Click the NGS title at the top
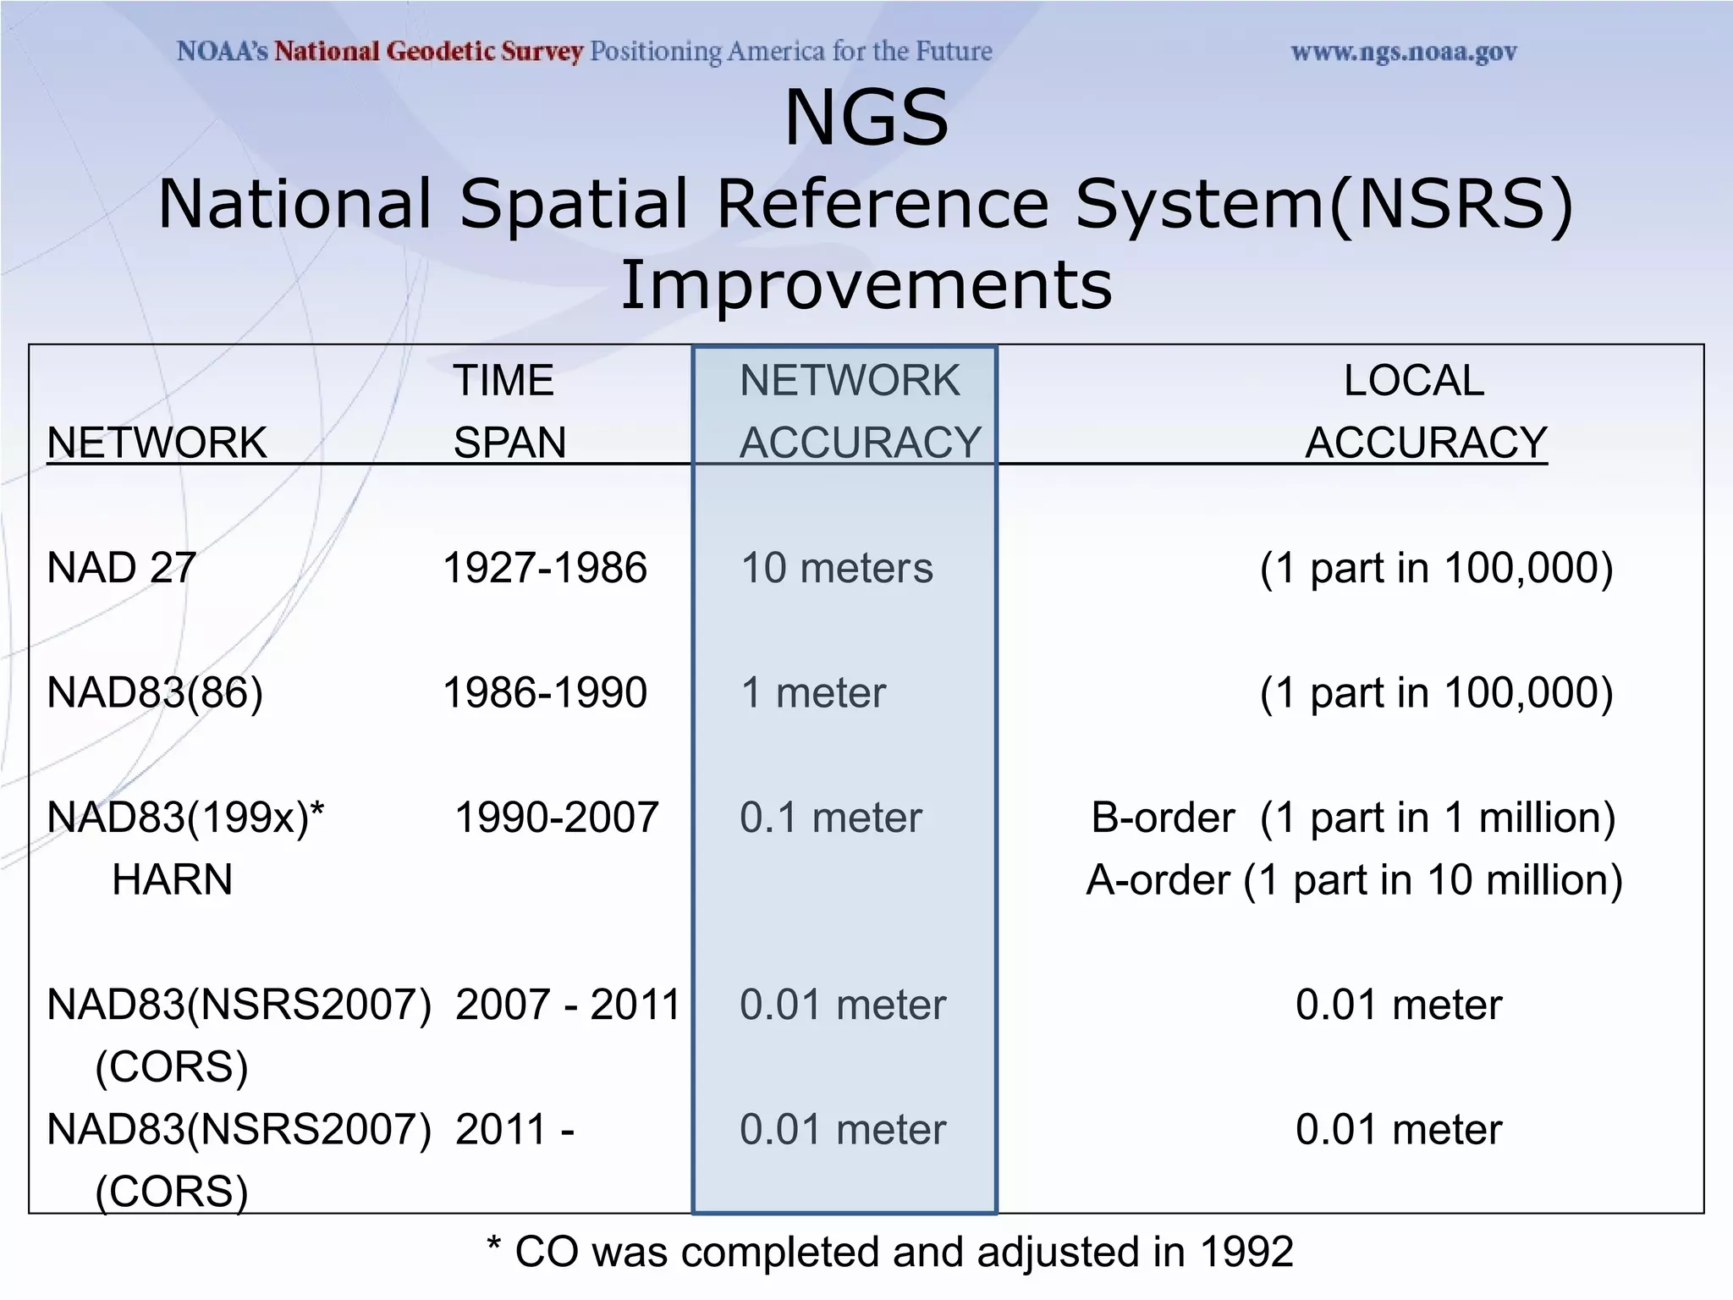[x=866, y=118]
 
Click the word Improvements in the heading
[x=866, y=286]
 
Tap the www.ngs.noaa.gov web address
[x=1403, y=52]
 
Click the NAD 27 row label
[x=122, y=568]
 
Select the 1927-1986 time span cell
[x=544, y=568]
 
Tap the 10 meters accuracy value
[x=836, y=568]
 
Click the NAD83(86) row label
[x=155, y=693]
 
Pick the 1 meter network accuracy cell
[x=812, y=693]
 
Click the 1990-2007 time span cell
[x=556, y=818]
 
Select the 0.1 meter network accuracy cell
[x=830, y=818]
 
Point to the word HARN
[x=172, y=880]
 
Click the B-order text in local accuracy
[x=1163, y=818]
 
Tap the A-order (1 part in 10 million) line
[x=1354, y=880]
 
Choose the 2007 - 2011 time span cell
[x=567, y=1005]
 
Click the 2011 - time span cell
[x=514, y=1130]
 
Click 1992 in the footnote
[x=1246, y=1252]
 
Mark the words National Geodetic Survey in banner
[x=428, y=52]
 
